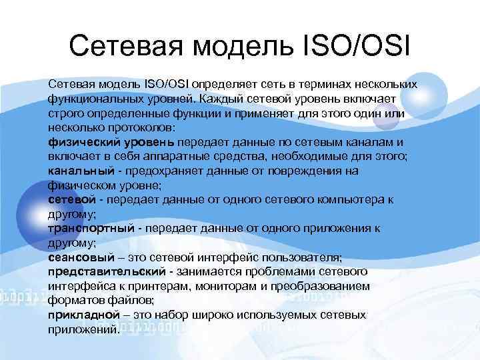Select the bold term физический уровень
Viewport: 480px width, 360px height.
(111, 142)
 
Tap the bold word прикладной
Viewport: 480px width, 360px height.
(79, 315)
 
